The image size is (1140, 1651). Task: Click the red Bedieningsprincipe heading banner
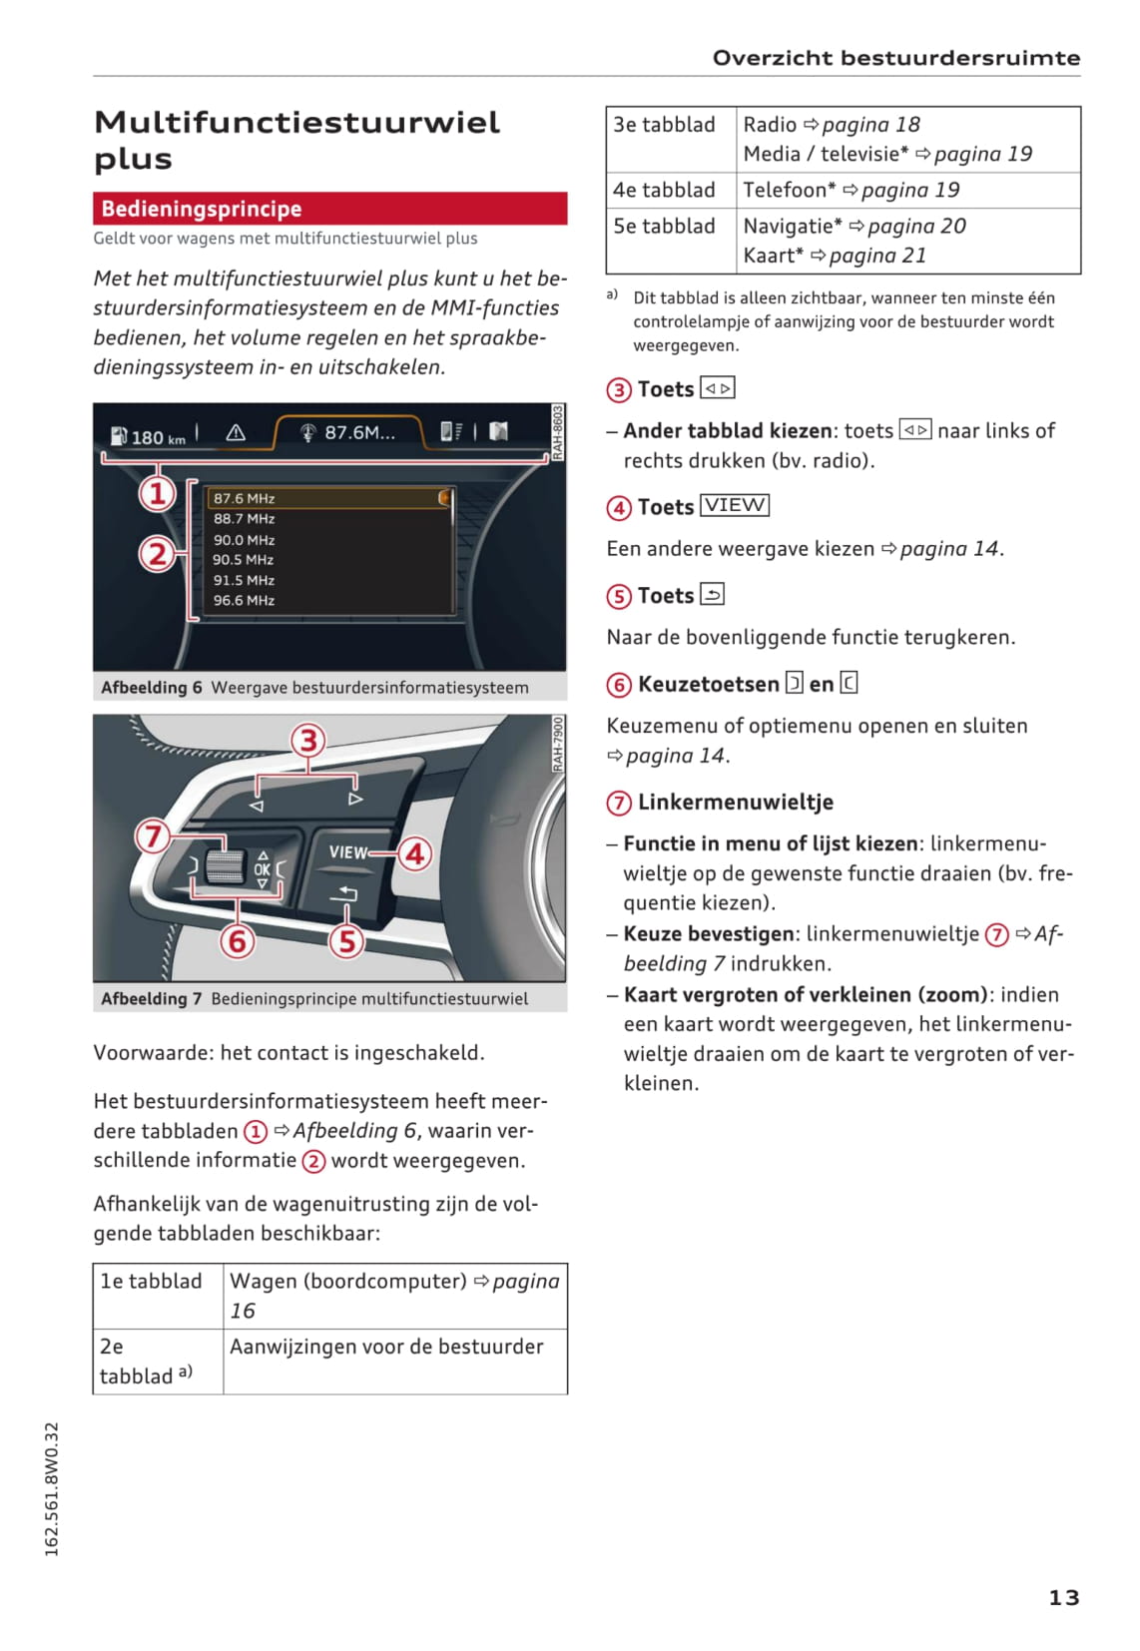tap(329, 209)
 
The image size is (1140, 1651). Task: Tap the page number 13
tap(1063, 1597)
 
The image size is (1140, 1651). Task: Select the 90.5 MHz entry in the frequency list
tap(244, 560)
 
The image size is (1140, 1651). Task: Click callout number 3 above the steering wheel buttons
tap(308, 741)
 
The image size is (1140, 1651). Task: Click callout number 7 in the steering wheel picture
tap(153, 835)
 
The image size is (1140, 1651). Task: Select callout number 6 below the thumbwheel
tap(238, 940)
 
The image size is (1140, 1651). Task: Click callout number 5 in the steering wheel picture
tap(346, 940)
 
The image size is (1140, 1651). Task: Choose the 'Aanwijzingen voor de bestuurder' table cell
tap(394, 1361)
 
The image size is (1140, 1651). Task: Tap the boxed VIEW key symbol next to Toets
tap(735, 505)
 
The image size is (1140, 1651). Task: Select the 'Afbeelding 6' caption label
tap(152, 688)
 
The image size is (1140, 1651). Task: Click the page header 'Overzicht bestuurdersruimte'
tap(895, 58)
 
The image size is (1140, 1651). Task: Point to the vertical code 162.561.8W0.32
tap(52, 1488)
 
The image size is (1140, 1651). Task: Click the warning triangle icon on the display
tap(236, 432)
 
